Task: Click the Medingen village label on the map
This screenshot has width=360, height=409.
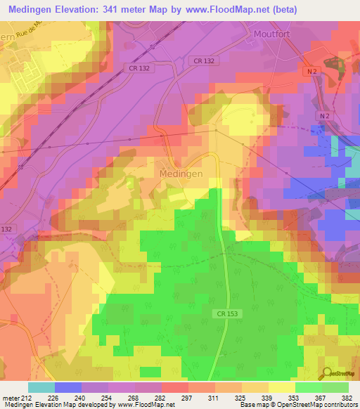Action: pos(181,173)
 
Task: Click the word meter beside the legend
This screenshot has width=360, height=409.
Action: pos(8,397)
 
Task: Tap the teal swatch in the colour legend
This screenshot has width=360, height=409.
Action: pos(41,387)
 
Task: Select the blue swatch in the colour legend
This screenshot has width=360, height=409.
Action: pos(67,387)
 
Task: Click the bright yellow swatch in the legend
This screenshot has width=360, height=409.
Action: pos(281,387)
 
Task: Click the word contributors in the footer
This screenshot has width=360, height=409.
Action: pos(339,405)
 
